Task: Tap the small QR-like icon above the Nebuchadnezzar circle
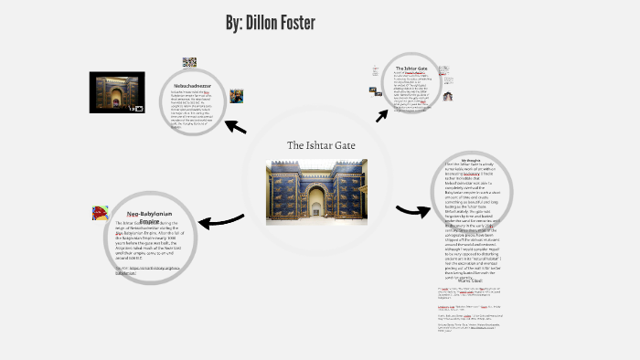(189, 62)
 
